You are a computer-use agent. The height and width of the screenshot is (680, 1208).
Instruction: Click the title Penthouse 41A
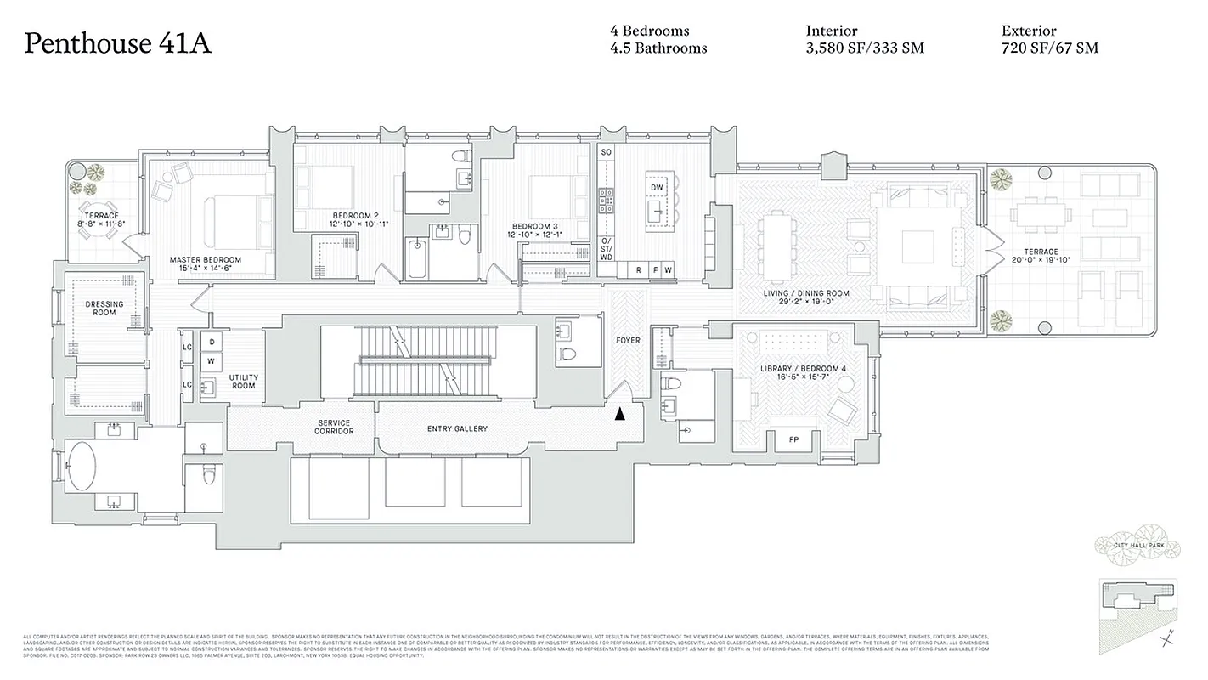[117, 43]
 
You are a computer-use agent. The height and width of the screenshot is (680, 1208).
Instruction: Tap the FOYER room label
[628, 340]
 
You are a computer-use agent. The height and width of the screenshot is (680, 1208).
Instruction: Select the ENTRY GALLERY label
[457, 429]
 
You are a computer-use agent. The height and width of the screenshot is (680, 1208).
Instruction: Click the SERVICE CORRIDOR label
[334, 428]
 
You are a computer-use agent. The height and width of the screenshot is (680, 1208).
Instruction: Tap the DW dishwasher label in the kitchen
[657, 186]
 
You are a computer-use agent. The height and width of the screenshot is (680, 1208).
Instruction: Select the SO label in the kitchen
[606, 152]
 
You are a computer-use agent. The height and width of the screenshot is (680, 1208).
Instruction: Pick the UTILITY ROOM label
[244, 382]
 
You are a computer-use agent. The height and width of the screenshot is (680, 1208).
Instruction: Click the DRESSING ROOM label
[104, 308]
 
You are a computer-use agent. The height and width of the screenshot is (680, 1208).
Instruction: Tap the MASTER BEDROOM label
[205, 260]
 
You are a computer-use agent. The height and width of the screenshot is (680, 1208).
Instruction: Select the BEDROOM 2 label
[355, 216]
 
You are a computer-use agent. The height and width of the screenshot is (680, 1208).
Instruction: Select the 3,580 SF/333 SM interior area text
[864, 48]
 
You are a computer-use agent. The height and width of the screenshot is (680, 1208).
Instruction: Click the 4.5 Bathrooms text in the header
[658, 48]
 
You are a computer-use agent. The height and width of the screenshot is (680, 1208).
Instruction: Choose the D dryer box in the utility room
[210, 343]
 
